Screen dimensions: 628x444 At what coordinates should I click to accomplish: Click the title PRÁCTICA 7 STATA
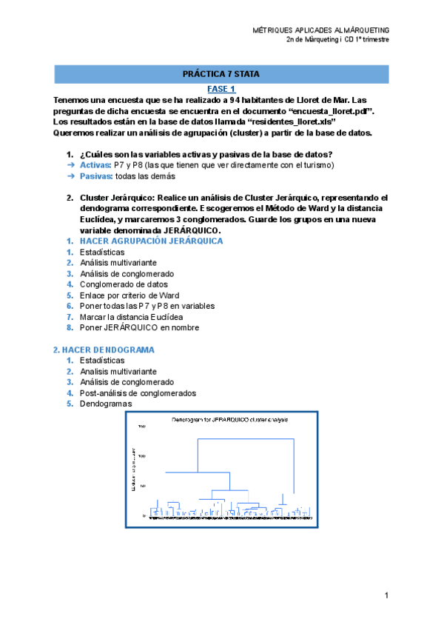pos(221,74)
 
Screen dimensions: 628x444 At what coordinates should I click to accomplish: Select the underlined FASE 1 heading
pos(221,88)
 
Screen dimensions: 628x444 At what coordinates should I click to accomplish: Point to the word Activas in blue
pos(95,164)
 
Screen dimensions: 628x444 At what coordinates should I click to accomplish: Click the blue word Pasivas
pos(95,176)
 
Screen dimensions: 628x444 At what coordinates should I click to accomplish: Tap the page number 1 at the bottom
pos(386,595)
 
